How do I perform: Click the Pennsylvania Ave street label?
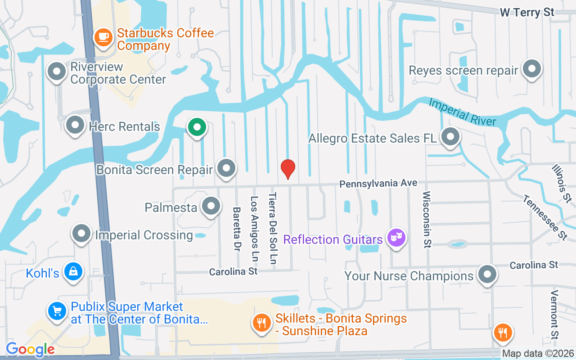click(x=378, y=184)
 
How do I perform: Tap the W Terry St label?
click(x=527, y=12)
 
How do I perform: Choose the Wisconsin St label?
click(x=427, y=219)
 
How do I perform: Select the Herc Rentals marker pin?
click(x=75, y=126)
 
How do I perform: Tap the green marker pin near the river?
click(x=197, y=127)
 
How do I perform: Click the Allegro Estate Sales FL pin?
click(x=450, y=137)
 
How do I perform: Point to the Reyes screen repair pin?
click(x=532, y=69)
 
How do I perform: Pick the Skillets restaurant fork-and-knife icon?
click(x=261, y=323)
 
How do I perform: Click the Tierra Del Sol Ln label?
click(x=273, y=228)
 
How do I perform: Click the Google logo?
click(x=30, y=349)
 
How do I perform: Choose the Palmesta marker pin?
click(x=210, y=206)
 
